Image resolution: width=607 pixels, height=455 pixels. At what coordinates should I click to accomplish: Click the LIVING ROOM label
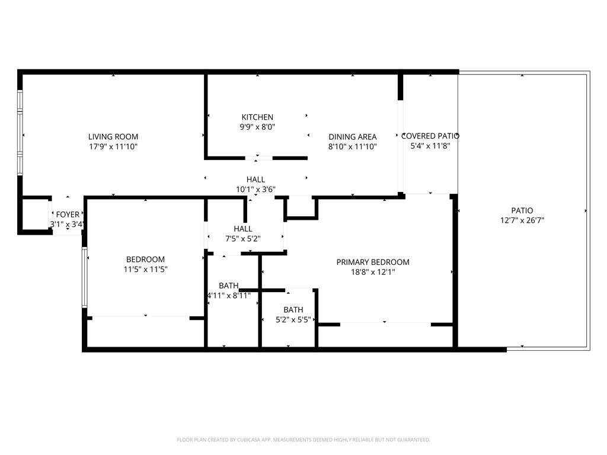pyautogui.click(x=113, y=136)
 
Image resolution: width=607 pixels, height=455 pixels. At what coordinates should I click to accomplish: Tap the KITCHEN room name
pyautogui.click(x=257, y=117)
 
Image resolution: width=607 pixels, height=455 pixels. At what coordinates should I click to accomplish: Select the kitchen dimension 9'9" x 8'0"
pyautogui.click(x=257, y=127)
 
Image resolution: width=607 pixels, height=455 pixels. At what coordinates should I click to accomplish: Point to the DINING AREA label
pyautogui.click(x=353, y=137)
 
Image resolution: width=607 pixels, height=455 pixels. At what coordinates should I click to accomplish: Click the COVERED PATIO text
pyautogui.click(x=431, y=136)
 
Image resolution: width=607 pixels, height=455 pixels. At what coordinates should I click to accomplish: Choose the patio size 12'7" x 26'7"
pyautogui.click(x=522, y=220)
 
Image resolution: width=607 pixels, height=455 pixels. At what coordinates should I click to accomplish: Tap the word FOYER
pyautogui.click(x=68, y=214)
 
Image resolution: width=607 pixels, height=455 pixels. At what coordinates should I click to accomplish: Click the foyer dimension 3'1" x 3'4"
pyautogui.click(x=67, y=225)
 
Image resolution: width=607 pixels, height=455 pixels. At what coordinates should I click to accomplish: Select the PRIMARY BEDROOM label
pyautogui.click(x=373, y=262)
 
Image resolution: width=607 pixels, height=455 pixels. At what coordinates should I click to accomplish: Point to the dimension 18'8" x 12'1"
pyautogui.click(x=373, y=272)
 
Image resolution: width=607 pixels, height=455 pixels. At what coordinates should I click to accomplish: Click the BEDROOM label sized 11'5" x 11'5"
pyautogui.click(x=145, y=259)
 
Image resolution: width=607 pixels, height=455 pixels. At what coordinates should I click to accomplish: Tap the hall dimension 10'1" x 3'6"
pyautogui.click(x=255, y=190)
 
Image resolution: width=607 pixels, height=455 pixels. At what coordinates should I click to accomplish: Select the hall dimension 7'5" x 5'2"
pyautogui.click(x=242, y=238)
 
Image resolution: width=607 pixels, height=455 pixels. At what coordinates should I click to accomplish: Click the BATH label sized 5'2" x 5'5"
pyautogui.click(x=293, y=310)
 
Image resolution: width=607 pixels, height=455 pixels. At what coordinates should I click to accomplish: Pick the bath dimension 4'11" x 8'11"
pyautogui.click(x=229, y=295)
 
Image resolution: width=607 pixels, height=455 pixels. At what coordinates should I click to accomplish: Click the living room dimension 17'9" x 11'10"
pyautogui.click(x=113, y=146)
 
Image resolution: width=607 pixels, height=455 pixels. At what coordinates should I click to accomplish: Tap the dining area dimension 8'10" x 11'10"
pyautogui.click(x=353, y=146)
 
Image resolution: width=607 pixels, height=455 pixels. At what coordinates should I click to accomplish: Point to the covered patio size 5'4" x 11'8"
pyautogui.click(x=431, y=146)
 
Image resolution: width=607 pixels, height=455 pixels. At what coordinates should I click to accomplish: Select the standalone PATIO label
pyautogui.click(x=522, y=210)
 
